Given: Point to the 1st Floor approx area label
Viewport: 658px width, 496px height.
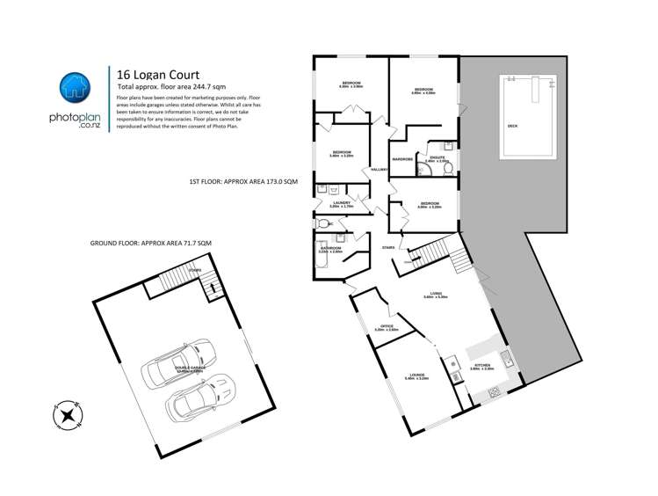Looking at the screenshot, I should coord(244,180).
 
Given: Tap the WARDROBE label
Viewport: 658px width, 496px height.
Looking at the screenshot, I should coord(403,159).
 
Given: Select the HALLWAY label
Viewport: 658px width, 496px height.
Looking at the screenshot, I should coord(380,169).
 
